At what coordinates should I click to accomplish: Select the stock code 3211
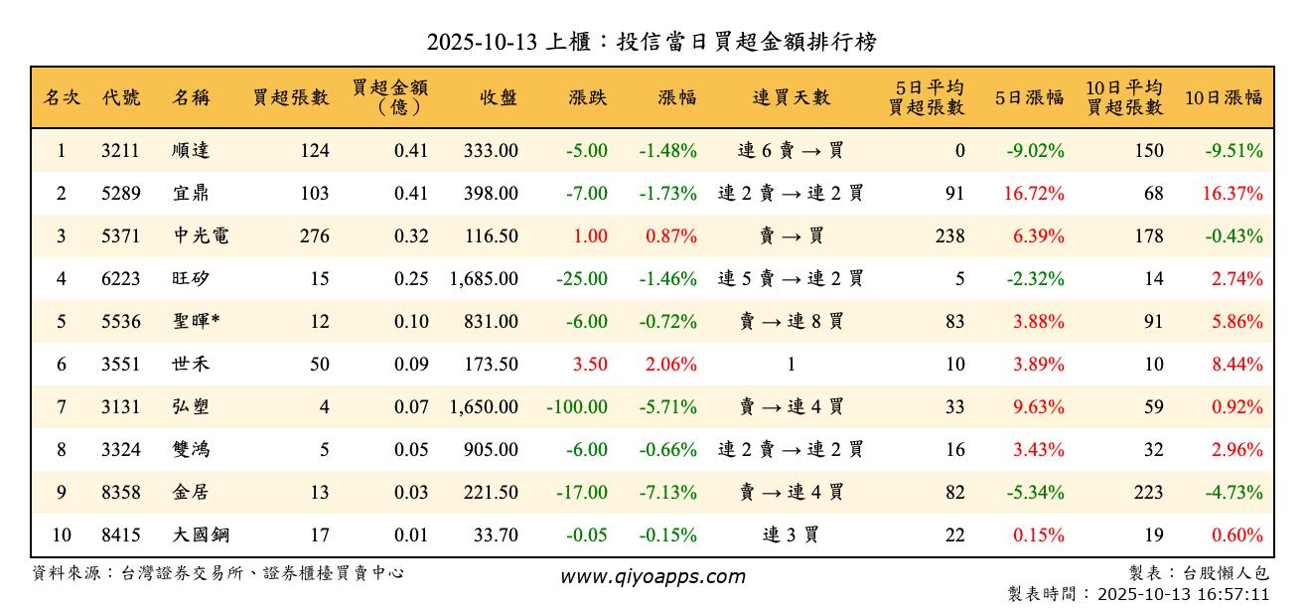(120, 151)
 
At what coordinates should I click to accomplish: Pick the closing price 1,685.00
(484, 279)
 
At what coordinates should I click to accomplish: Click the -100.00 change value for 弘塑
(577, 406)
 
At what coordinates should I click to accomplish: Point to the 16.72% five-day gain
(1034, 194)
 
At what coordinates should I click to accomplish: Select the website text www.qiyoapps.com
(652, 576)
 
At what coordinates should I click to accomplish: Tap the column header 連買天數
(791, 97)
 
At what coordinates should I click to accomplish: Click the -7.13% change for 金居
(667, 492)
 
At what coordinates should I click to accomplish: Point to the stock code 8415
(120, 535)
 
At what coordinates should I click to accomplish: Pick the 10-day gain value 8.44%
(1237, 365)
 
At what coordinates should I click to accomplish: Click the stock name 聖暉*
(196, 322)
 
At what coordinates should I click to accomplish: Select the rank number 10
(62, 535)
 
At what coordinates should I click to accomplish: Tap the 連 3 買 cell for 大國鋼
(791, 535)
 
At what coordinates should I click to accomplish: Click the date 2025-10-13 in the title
(482, 43)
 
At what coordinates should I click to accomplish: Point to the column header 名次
(62, 97)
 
